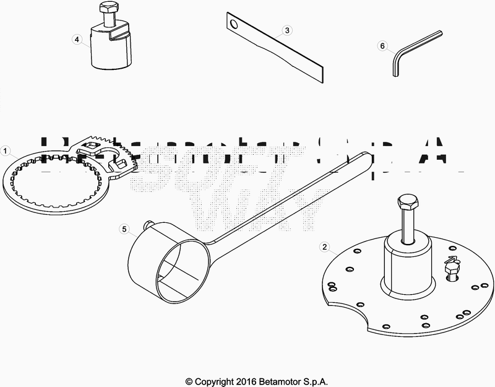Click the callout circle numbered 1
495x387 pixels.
(6, 150)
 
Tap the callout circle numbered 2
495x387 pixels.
(324, 246)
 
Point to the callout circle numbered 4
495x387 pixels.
(77, 39)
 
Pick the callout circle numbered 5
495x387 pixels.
(124, 230)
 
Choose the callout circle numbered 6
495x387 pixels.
(382, 46)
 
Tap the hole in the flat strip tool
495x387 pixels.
(233, 25)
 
